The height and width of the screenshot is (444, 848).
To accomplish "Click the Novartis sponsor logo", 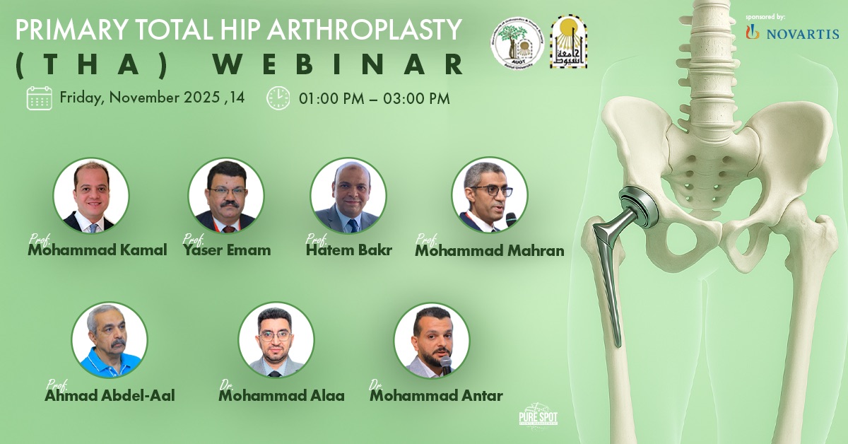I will tap(792, 33).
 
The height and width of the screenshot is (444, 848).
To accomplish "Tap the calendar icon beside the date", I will tap(39, 98).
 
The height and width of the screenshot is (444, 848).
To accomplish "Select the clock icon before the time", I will tap(278, 98).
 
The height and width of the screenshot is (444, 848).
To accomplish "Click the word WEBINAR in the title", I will tap(339, 64).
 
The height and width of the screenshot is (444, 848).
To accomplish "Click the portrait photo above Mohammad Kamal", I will tap(91, 195).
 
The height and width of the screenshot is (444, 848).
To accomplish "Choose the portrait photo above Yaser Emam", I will tap(226, 195).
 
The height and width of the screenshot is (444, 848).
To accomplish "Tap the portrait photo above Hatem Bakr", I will tap(348, 195).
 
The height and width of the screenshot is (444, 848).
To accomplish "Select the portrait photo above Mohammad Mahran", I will tap(490, 195).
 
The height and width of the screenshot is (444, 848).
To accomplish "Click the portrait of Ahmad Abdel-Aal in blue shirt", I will tap(110, 340).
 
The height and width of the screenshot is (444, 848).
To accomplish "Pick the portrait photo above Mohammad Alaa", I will tap(276, 340).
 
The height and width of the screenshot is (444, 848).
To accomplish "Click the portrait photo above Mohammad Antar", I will tap(432, 340).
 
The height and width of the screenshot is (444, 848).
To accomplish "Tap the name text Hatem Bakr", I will tap(349, 250).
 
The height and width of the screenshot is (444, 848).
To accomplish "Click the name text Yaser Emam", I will tap(227, 250).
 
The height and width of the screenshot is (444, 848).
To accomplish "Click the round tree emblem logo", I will tap(518, 42).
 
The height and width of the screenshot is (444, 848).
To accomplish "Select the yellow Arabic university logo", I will tap(569, 42).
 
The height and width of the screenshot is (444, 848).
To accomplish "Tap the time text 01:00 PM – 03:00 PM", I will tap(375, 98).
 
